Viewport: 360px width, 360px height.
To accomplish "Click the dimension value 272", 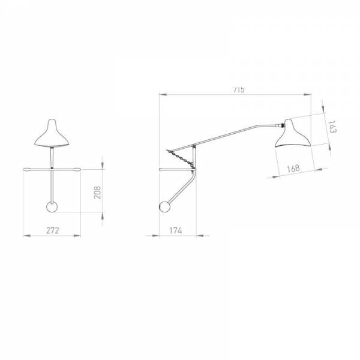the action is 53,230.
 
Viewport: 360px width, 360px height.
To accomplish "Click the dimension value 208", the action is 97,193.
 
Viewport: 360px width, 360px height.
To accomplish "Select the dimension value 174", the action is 176,230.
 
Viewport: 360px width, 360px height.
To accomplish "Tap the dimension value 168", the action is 293,168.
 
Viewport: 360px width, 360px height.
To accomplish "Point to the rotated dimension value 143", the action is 332,127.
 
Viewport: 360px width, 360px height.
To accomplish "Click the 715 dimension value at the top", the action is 239,89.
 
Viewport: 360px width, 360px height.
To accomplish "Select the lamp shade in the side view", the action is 292,134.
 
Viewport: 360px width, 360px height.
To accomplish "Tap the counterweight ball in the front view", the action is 52,207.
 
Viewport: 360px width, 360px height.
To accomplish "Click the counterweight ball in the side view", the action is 165,206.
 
